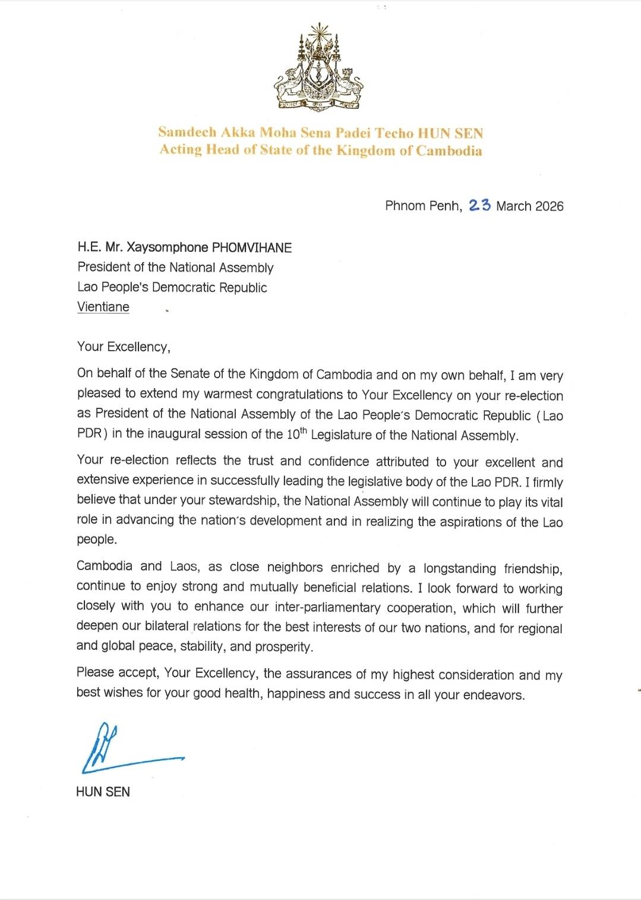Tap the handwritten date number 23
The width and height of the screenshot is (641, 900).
[x=479, y=205]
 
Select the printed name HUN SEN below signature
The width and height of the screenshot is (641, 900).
[x=103, y=792]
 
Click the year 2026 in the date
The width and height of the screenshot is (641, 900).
[x=549, y=206]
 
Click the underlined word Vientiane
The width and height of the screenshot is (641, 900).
[x=103, y=307]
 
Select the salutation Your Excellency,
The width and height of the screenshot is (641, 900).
[x=124, y=347]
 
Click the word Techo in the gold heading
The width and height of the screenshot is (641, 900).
[x=394, y=133]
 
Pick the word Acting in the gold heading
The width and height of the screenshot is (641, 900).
[x=181, y=149]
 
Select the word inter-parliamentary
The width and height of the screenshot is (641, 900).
[x=327, y=607]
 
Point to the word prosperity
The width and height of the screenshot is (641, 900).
[x=283, y=647]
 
